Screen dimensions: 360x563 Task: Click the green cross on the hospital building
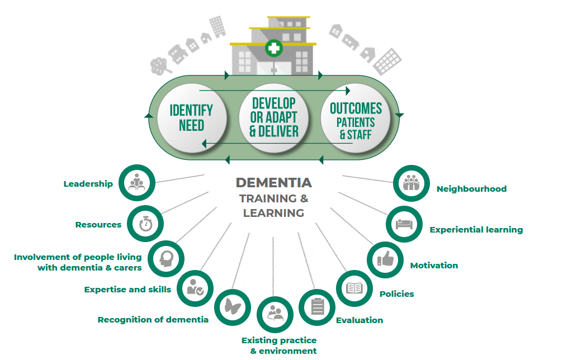[274, 49]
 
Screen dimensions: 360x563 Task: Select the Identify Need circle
[192, 117]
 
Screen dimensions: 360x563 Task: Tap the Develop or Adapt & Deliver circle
[274, 117]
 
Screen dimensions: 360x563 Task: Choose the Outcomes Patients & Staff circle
[356, 117]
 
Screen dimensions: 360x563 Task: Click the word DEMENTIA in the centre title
[273, 183]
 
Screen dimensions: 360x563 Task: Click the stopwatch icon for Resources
[146, 224]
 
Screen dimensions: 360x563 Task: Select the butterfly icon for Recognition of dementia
[233, 306]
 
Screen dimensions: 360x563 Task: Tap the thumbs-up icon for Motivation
[386, 259]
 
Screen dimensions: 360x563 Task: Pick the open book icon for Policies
[354, 288]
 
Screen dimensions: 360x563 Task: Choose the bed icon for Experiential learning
[405, 224]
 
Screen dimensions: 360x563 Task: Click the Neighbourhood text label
[471, 189]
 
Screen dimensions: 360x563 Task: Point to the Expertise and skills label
[127, 290]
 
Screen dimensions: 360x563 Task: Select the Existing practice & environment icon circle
[275, 315]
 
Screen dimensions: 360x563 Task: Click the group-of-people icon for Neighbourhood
[411, 183]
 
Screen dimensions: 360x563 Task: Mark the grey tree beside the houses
[161, 66]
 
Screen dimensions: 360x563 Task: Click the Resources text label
[98, 225]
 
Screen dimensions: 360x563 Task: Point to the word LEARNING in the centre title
[273, 213]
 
